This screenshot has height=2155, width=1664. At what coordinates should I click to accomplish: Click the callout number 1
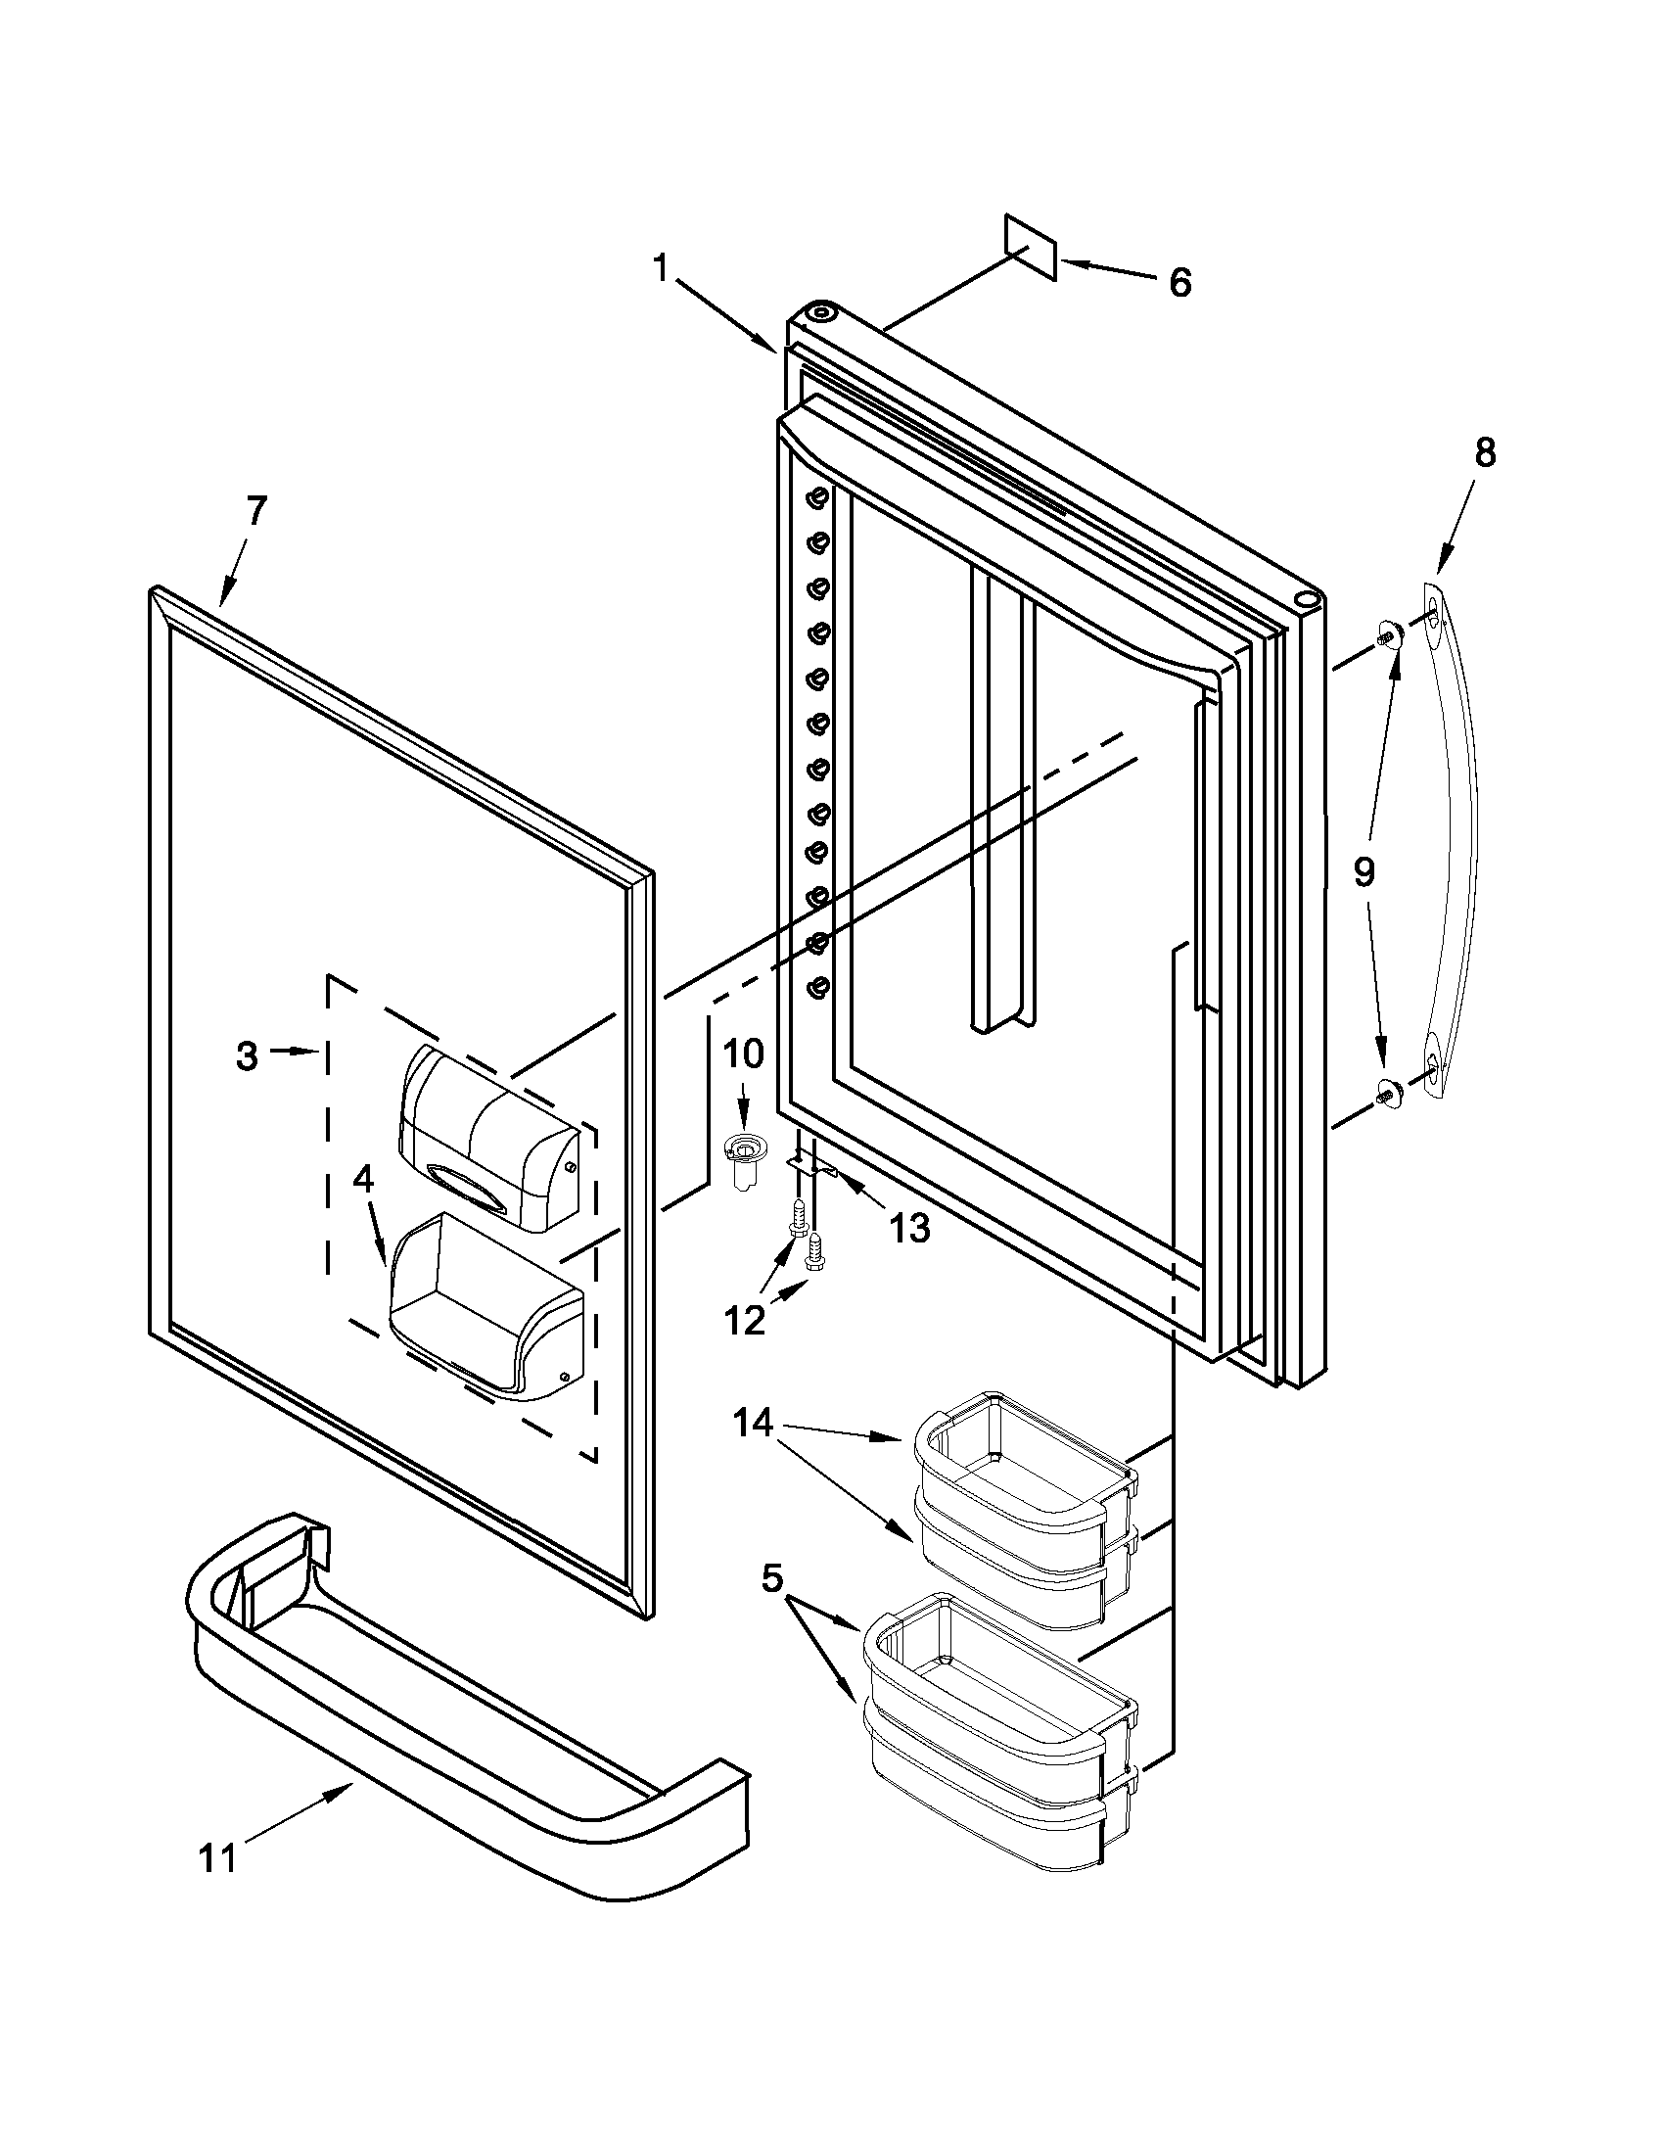click(x=662, y=266)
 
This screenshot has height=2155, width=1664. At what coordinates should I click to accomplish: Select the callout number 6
click(x=1179, y=282)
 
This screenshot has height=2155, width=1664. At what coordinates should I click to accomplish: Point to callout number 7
click(x=254, y=511)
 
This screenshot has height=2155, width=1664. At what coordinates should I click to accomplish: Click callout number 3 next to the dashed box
click(x=247, y=1055)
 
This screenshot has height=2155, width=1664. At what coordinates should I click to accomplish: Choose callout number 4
click(x=364, y=1179)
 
